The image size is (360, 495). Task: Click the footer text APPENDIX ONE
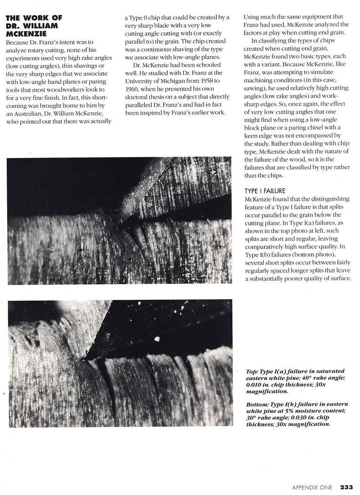tap(312, 487)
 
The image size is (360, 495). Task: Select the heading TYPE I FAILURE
tap(265, 191)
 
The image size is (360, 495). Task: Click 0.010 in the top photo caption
tap(254, 385)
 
